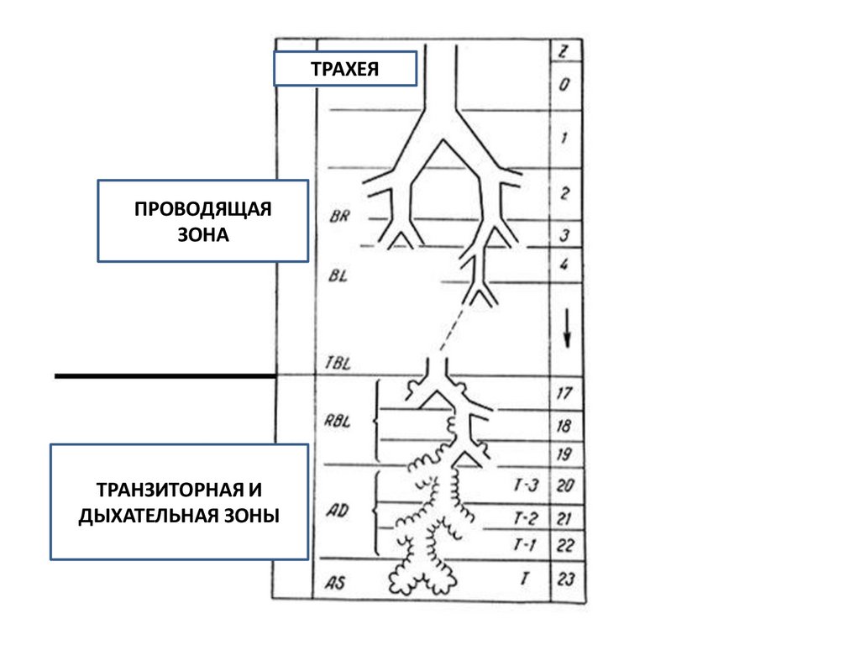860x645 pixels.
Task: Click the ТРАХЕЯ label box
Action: [344, 69]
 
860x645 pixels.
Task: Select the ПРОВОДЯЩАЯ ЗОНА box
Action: [202, 221]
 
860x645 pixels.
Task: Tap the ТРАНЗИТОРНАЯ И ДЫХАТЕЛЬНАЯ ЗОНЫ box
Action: [179, 501]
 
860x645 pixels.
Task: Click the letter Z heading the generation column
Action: [564, 52]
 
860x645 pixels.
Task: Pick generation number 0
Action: [564, 85]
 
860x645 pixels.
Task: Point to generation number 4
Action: [564, 265]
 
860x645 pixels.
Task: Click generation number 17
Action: [564, 392]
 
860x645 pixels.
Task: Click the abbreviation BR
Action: [340, 215]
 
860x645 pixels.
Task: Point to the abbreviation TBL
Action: [337, 364]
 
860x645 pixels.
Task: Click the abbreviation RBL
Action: [337, 422]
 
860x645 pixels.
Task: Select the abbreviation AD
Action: [337, 513]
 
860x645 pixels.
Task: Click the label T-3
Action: [524, 485]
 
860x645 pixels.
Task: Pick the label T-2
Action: [524, 518]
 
